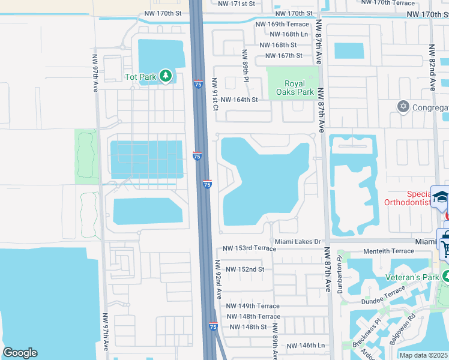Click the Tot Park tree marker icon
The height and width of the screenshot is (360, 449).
point(166,76)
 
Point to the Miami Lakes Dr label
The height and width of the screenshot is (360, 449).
point(299,242)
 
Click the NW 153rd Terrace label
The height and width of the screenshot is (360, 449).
point(249,248)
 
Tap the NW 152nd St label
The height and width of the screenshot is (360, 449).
point(245,269)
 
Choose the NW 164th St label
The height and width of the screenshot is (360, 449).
point(239,100)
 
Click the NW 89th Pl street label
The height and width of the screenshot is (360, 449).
point(246,65)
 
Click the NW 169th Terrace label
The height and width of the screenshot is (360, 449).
point(282,25)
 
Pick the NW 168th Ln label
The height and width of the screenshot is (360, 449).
point(284,35)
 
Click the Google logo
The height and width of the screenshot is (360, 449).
point(20,353)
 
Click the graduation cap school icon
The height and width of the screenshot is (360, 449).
point(441,197)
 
